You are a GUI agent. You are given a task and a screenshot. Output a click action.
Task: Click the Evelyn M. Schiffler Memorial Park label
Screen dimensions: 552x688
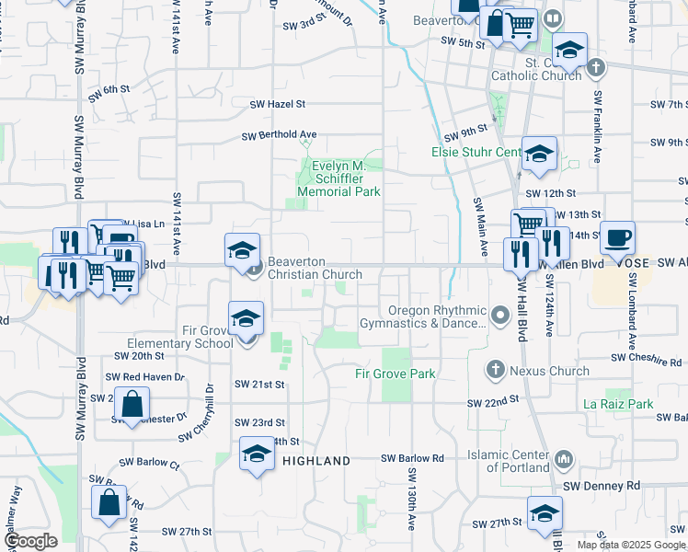tap(338, 178)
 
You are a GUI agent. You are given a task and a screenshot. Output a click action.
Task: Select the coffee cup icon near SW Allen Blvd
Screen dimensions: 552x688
tap(617, 237)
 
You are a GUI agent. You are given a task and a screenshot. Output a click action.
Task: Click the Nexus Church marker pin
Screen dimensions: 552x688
tap(496, 370)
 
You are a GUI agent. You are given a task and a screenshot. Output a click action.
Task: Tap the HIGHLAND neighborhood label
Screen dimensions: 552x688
tap(315, 460)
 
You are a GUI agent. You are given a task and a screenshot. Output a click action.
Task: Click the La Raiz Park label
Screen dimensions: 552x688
tap(618, 404)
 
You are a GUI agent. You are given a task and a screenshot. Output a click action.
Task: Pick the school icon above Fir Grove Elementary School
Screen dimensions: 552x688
tap(246, 317)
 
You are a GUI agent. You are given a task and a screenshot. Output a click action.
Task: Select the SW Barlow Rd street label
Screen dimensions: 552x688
tap(413, 458)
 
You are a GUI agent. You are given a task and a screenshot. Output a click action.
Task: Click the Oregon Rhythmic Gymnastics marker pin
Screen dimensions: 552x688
tap(500, 316)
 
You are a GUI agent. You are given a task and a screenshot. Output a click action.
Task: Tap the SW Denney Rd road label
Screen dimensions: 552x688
tap(601, 485)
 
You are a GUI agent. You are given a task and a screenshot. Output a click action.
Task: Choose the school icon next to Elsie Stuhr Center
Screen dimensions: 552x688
tap(539, 153)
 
